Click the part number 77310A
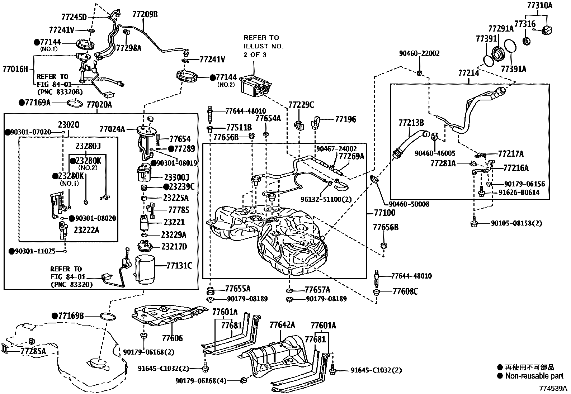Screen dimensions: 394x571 click(539, 5)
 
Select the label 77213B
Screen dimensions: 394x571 click(411, 123)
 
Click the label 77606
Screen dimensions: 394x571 click(172, 338)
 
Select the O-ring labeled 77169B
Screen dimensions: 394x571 click(107, 317)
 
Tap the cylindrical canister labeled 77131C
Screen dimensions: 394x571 click(145, 269)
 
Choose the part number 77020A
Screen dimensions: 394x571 click(99, 105)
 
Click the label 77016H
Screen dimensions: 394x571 click(15, 68)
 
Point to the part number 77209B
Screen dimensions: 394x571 click(145, 14)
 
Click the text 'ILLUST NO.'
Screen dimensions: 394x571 click(263, 46)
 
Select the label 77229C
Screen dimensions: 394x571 click(301, 105)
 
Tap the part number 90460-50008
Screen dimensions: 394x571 click(409, 204)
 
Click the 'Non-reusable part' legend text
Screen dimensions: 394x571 click(534, 376)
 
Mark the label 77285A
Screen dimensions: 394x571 click(33, 351)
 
